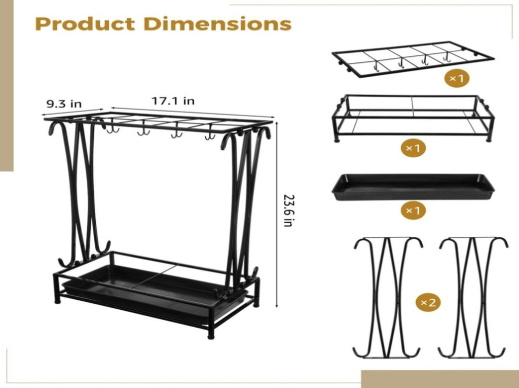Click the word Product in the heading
click(x=85, y=24)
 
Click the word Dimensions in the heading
click(x=217, y=23)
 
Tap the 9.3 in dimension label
click(x=63, y=104)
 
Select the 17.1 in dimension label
click(x=173, y=101)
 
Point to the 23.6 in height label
click(x=288, y=210)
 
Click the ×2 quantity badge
click(x=429, y=302)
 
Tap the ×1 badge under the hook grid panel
click(x=457, y=79)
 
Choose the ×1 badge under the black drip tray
click(x=413, y=210)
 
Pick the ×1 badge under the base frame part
click(x=413, y=148)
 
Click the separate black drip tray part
click(x=413, y=187)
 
